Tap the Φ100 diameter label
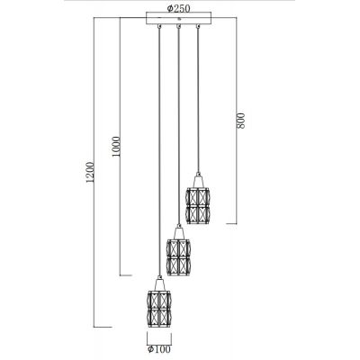pyautogui.click(x=158, y=352)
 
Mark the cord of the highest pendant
pyautogui.click(x=198, y=99)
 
